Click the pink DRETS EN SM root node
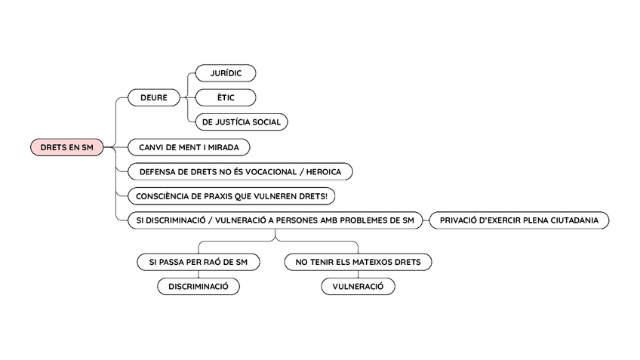(x=67, y=147)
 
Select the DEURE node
(x=153, y=97)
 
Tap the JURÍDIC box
(x=225, y=73)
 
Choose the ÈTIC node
(x=225, y=97)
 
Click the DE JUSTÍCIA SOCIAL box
(x=242, y=122)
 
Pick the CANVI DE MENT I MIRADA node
(x=189, y=147)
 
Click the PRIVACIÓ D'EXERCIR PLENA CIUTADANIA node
(x=518, y=220)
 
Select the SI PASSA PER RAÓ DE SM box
(x=198, y=262)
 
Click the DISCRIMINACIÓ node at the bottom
(x=198, y=287)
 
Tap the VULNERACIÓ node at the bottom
(x=358, y=287)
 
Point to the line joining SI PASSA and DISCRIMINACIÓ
(x=198, y=275)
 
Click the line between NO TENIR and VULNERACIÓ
(x=358, y=275)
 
